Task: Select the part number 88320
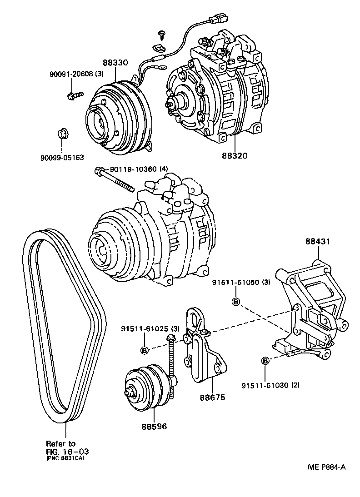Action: (235, 155)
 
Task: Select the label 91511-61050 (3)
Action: (241, 282)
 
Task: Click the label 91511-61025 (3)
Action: (150, 328)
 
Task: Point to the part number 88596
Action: (154, 427)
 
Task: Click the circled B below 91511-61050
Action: (236, 302)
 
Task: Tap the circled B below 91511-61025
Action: (144, 349)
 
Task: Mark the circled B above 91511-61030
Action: (265, 361)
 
